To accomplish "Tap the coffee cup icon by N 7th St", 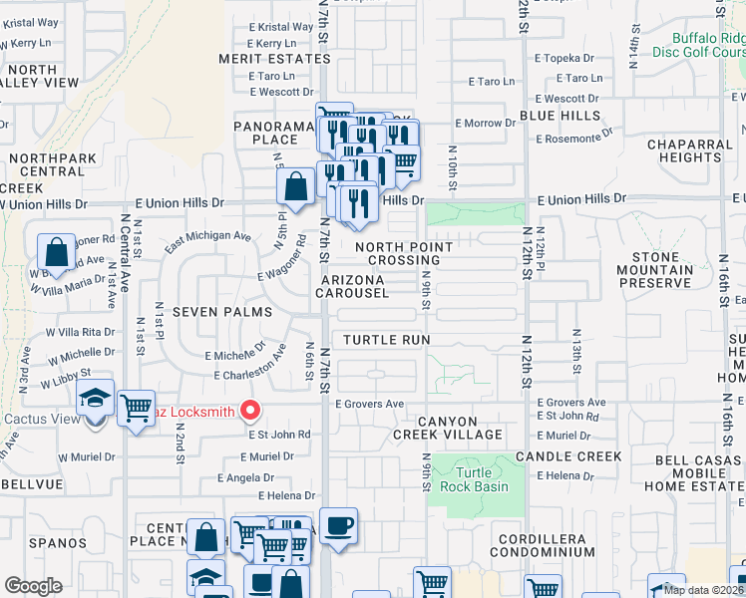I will coord(339,526).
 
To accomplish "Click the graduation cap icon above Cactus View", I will coord(95,401).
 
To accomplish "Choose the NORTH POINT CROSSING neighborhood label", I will coord(404,253).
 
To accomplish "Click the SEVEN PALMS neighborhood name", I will coord(222,312).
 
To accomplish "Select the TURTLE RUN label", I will coord(387,340).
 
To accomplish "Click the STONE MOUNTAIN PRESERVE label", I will coord(654,270).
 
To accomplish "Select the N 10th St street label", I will coord(452,169).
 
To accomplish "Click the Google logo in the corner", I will coord(33,586).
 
